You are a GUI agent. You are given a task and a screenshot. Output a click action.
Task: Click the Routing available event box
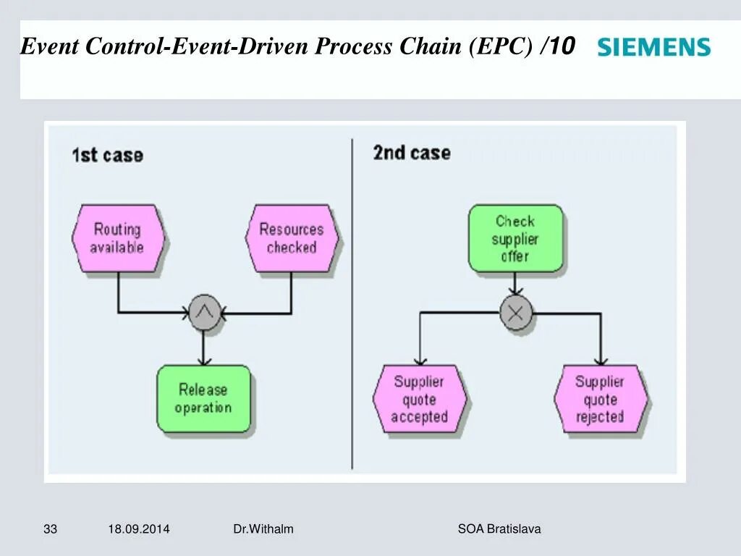[x=118, y=238]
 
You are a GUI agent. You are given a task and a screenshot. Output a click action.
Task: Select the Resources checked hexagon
[x=292, y=238]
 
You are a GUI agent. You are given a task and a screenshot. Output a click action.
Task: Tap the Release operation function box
[x=203, y=399]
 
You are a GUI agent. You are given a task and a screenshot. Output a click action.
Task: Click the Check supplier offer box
[x=515, y=238]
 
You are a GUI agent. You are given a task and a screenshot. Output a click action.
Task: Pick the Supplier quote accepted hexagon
[x=420, y=399]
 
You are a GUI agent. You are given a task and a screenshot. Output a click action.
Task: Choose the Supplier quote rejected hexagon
[x=600, y=399]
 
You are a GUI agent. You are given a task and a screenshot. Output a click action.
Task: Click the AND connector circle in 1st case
[x=204, y=313]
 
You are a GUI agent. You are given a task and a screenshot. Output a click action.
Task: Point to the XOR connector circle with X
[x=516, y=313]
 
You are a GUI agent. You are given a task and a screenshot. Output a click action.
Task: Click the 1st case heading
[x=107, y=155]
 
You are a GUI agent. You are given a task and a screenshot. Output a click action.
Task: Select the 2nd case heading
[x=411, y=153]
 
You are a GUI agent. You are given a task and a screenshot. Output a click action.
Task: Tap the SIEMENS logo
[x=653, y=49]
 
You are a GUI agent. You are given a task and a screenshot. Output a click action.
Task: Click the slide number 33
[x=50, y=529]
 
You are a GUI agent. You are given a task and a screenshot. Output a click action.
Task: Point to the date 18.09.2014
[x=139, y=529]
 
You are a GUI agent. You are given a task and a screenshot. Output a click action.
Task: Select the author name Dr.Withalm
[x=263, y=529]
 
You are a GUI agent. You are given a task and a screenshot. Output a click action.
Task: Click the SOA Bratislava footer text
[x=499, y=529]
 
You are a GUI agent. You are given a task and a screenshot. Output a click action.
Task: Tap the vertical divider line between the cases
[x=352, y=304]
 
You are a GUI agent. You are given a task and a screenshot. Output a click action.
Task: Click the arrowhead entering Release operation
[x=203, y=360]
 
